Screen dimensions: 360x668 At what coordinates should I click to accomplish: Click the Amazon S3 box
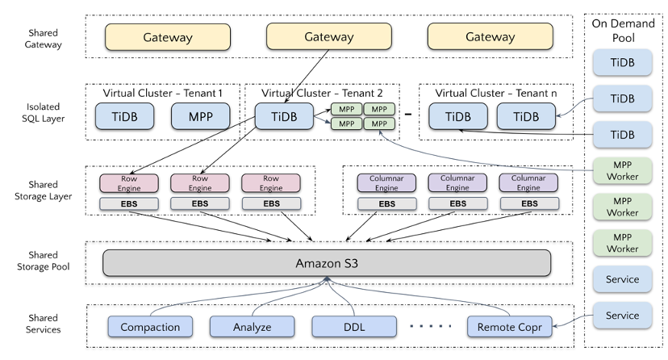[327, 263]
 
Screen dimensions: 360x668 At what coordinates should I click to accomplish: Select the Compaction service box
[150, 327]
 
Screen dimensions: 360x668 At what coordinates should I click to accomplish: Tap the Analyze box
[252, 327]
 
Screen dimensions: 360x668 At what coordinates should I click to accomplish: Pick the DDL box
[354, 327]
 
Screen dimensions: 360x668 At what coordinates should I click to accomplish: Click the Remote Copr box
[509, 327]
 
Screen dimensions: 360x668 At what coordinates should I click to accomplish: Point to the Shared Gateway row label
[42, 37]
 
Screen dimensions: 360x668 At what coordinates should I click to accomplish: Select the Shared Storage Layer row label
[42, 190]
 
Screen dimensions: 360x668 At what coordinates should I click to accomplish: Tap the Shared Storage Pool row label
[42, 261]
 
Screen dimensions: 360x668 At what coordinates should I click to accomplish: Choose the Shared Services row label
[42, 324]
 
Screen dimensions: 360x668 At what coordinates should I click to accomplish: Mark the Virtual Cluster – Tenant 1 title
[162, 94]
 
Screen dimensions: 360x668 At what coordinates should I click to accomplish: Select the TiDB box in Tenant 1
[125, 116]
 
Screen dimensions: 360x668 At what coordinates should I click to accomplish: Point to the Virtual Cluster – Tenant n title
[496, 94]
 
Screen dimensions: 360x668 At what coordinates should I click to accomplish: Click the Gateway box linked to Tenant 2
[328, 37]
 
